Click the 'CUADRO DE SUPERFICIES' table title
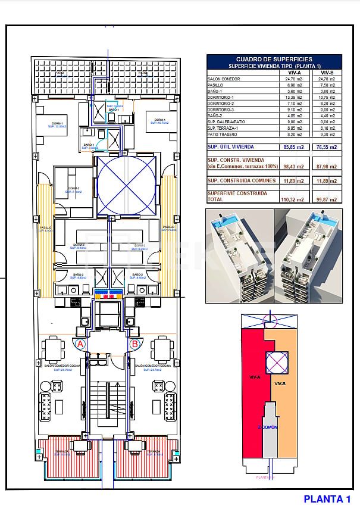[x=274, y=59]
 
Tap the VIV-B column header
[x=328, y=72]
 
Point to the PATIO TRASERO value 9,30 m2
[x=328, y=135]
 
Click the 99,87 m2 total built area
[x=328, y=199]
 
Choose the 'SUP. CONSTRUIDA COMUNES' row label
[x=242, y=180]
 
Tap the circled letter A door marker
[x=81, y=344]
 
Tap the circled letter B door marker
[x=134, y=344]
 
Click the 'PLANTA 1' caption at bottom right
[x=327, y=499]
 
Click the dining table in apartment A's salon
[x=54, y=347]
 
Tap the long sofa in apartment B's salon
[x=171, y=407]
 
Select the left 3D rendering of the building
[x=238, y=255]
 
